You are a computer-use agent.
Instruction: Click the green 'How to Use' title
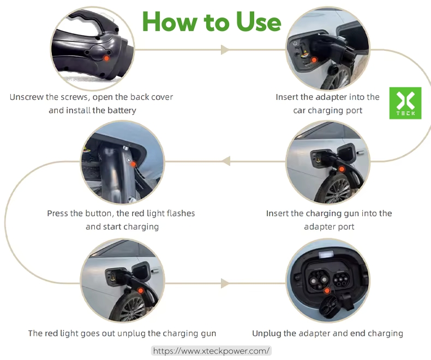click(x=212, y=22)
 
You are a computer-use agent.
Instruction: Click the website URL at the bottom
click(x=211, y=351)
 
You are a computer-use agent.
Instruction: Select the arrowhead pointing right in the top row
click(x=224, y=50)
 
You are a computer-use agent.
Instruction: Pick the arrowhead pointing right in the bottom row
click(x=224, y=284)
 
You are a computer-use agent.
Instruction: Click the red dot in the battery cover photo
click(x=107, y=58)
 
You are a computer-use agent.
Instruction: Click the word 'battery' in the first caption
click(x=122, y=110)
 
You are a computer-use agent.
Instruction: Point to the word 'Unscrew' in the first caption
click(x=26, y=97)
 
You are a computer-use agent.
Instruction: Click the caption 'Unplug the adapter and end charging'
click(x=327, y=333)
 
